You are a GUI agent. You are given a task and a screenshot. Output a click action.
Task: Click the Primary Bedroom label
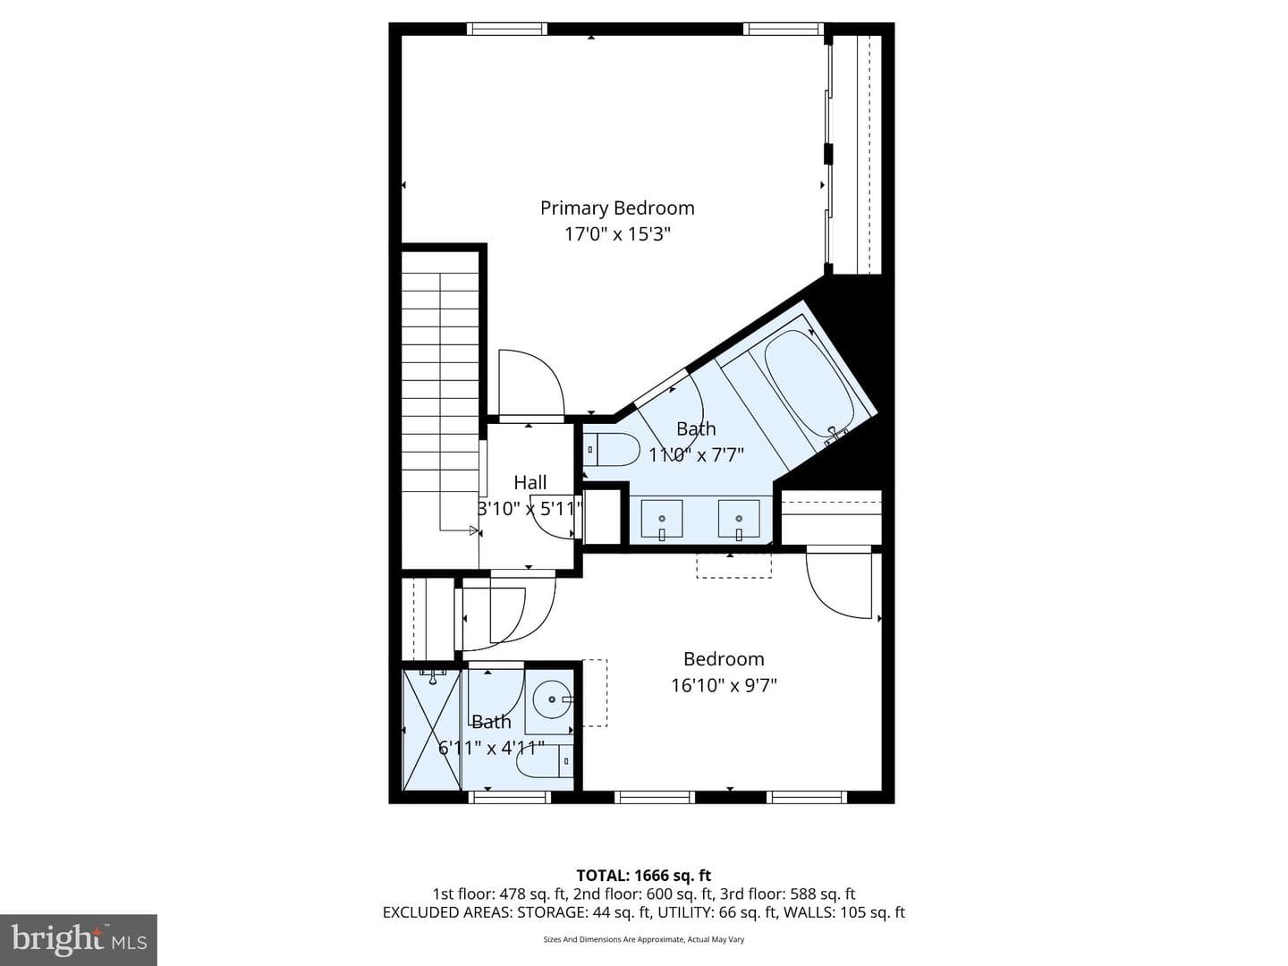[617, 208]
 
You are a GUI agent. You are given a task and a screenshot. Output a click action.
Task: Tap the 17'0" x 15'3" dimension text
[617, 234]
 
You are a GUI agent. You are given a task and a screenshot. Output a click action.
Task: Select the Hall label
[530, 483]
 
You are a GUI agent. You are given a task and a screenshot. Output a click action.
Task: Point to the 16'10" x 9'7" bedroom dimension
[724, 685]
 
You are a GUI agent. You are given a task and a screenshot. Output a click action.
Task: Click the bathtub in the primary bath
[809, 385]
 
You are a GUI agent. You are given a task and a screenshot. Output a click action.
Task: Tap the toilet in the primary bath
[612, 450]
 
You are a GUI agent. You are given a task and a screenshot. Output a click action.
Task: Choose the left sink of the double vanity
[662, 519]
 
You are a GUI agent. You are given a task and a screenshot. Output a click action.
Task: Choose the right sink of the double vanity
[739, 519]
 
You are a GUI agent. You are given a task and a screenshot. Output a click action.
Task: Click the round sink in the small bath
[552, 699]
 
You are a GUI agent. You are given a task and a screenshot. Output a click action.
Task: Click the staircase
[440, 404]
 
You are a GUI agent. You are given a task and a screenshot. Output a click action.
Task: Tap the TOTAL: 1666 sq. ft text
[644, 876]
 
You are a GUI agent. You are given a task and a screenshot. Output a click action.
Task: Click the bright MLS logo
[79, 939]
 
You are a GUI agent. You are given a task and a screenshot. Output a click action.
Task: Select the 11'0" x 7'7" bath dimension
[697, 454]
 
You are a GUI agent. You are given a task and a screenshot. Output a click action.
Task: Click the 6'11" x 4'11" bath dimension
[492, 748]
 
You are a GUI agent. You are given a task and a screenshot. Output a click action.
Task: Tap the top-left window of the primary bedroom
[507, 29]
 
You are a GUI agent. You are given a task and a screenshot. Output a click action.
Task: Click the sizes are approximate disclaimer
[644, 939]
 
